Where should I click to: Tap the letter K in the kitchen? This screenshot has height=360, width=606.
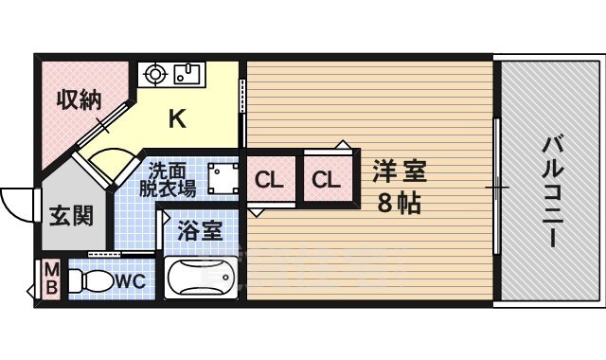coord(176,119)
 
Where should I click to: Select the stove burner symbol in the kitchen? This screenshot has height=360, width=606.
coord(154,72)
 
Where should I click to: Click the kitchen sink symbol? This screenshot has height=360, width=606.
coord(188,72)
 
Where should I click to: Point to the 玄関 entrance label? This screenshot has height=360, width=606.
coord(70,215)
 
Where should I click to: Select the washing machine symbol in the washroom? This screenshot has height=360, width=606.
coord(223,178)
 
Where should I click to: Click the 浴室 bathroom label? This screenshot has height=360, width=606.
coord(200,229)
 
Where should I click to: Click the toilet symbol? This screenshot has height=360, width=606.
coord(90,280)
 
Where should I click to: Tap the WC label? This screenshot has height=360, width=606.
coord(130,281)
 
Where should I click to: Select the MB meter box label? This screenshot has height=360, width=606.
coord(50,280)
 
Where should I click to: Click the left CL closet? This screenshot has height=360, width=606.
coord(270,179)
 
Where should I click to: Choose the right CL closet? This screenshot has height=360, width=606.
coord(327,179)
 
